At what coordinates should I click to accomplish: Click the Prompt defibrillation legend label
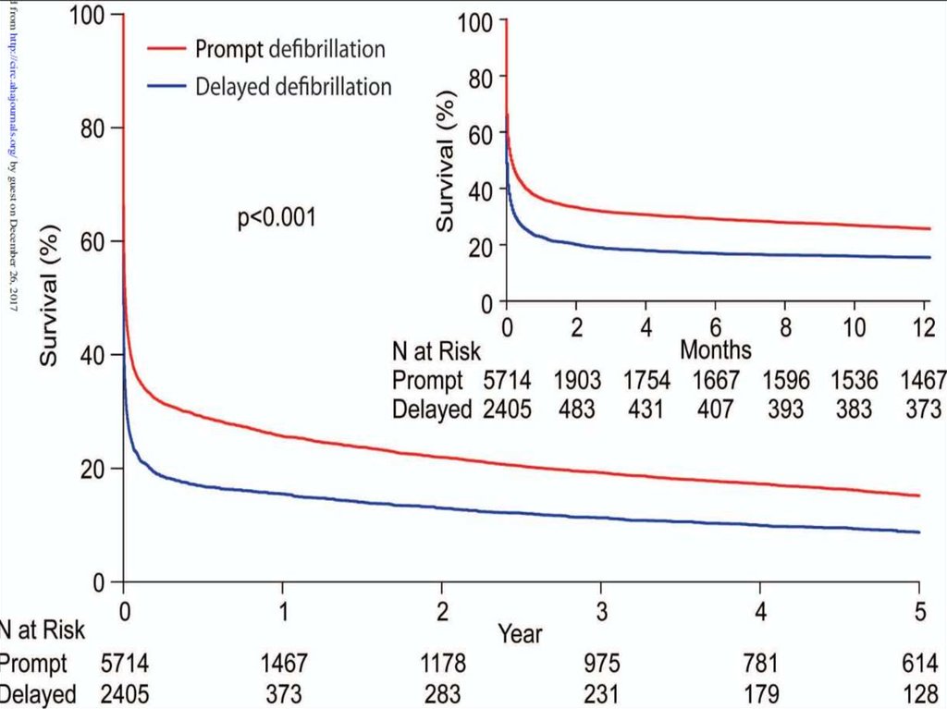(x=290, y=48)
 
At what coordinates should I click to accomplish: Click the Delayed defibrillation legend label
(x=293, y=88)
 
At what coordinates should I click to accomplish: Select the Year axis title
(x=520, y=633)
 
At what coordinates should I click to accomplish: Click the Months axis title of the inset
(x=715, y=350)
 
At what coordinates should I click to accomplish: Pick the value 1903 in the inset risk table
(x=575, y=380)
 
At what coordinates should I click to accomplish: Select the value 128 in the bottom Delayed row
(x=919, y=694)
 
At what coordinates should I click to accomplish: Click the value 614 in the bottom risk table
(x=919, y=664)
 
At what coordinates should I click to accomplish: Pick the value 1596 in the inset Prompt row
(x=783, y=380)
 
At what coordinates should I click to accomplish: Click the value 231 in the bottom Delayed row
(x=602, y=694)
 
